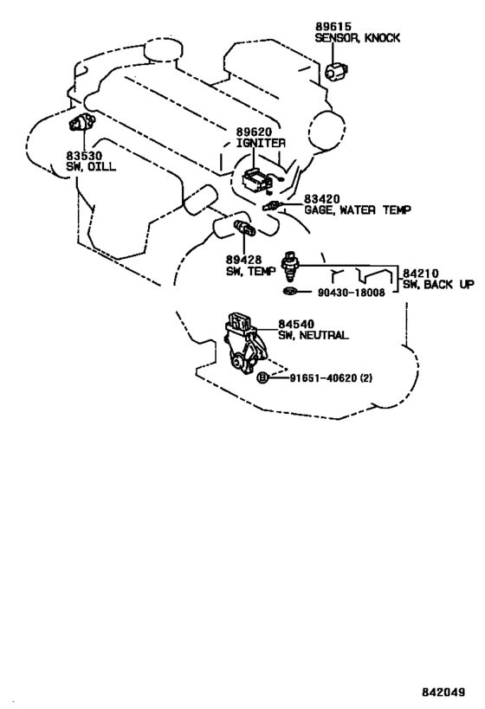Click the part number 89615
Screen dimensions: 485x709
(333, 27)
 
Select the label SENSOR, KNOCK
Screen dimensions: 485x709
(358, 38)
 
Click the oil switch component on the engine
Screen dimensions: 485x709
(81, 122)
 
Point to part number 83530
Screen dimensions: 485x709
(84, 156)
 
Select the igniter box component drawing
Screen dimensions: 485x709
(257, 181)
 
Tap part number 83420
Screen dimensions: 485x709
(321, 199)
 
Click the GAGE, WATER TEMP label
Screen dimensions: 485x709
(358, 210)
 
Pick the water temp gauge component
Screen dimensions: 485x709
(273, 205)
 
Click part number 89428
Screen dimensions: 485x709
(244, 260)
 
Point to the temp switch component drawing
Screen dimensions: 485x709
(244, 228)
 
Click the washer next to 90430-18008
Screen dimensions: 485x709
(289, 291)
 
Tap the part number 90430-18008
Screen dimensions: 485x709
(351, 293)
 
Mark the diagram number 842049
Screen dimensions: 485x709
(443, 693)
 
